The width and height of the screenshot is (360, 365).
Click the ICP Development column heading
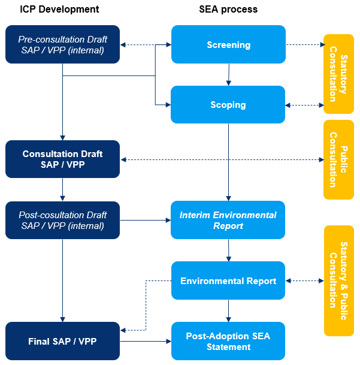59,10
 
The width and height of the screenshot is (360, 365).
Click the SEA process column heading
228,10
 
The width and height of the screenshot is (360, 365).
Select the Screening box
228,44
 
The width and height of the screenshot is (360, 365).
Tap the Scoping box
228,105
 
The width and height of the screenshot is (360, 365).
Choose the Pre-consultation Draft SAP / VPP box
63,44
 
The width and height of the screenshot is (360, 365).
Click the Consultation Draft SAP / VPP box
63,159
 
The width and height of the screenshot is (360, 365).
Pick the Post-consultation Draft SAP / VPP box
63,220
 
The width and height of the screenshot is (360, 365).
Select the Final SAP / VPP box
63,342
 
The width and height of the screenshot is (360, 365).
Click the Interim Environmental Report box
228,220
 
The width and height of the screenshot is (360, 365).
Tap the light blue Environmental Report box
228,280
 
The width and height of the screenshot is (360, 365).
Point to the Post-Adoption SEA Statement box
228,342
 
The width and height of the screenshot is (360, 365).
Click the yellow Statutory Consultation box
338,74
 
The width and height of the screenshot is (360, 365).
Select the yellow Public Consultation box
338,159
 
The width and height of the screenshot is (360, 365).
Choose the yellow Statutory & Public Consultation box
338,280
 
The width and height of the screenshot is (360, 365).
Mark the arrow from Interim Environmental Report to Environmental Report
228,250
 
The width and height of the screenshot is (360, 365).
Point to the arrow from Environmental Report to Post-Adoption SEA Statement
228,310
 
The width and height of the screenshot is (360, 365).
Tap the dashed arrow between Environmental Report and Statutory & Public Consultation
304,280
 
